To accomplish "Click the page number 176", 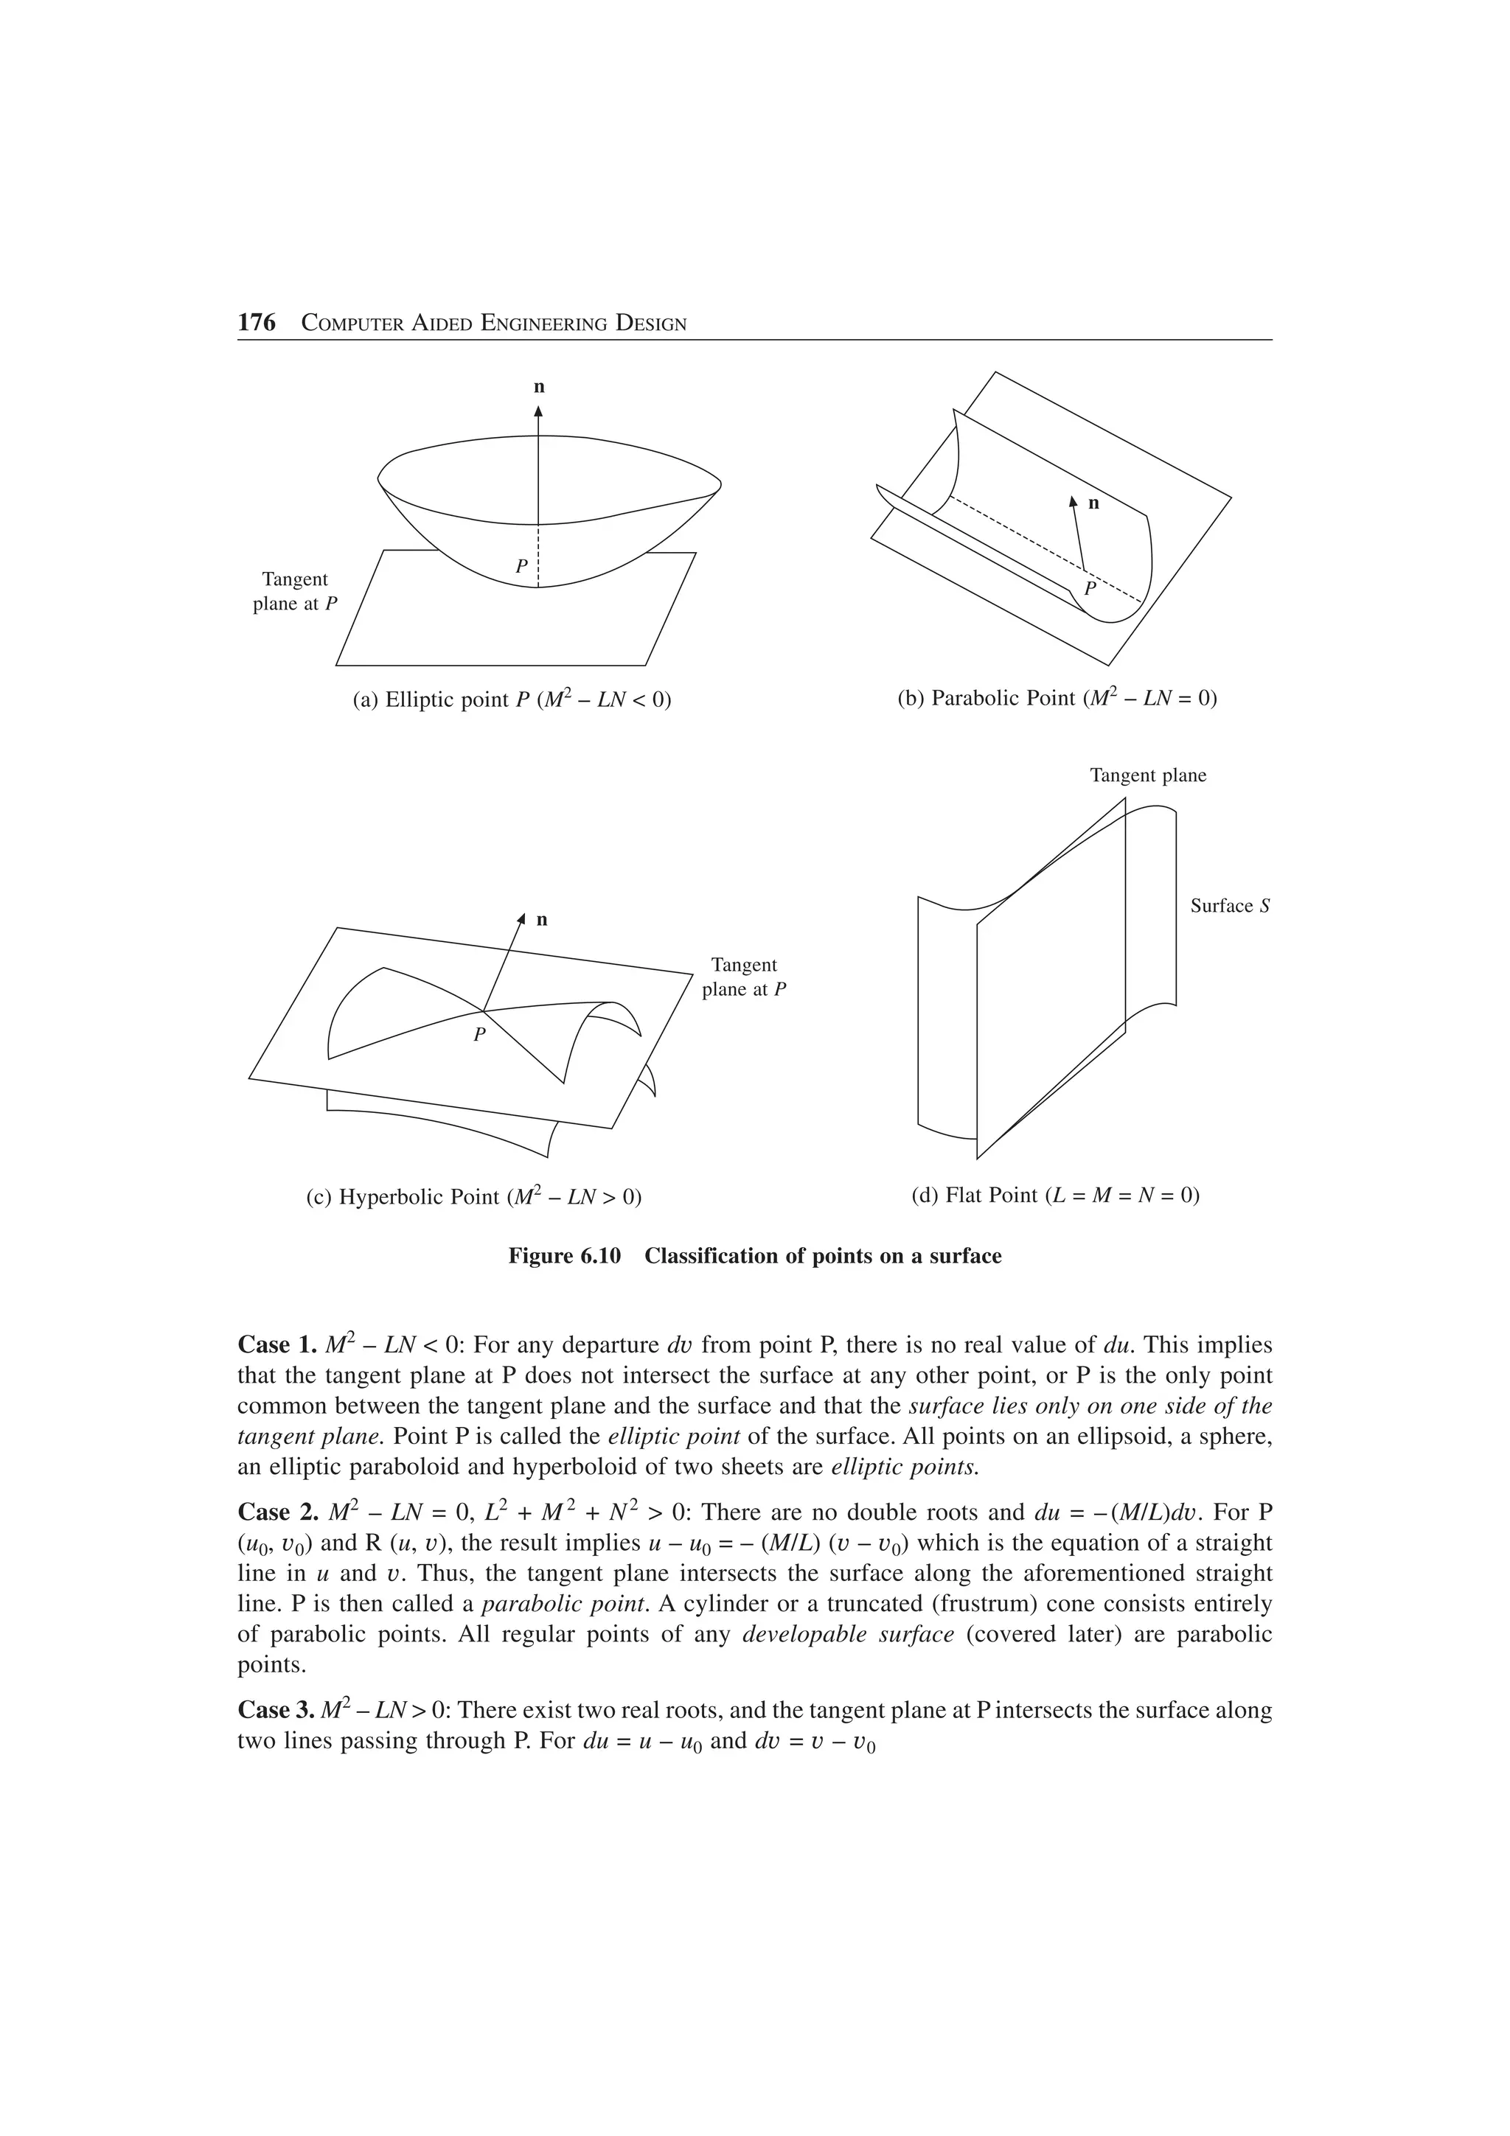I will tap(257, 323).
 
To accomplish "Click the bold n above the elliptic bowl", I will tap(539, 387).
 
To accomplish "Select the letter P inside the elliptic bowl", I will tap(521, 565).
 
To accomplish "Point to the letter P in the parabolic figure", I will tap(1090, 589).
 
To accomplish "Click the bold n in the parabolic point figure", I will tap(1093, 503).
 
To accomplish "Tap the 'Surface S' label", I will tap(1229, 906).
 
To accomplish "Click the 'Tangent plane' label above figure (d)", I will tap(1147, 776).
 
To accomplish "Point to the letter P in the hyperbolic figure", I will tap(479, 1033).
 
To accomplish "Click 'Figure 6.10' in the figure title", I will tap(564, 1257).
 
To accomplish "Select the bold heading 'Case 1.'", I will tap(264, 1345).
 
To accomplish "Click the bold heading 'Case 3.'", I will tap(264, 1710).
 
